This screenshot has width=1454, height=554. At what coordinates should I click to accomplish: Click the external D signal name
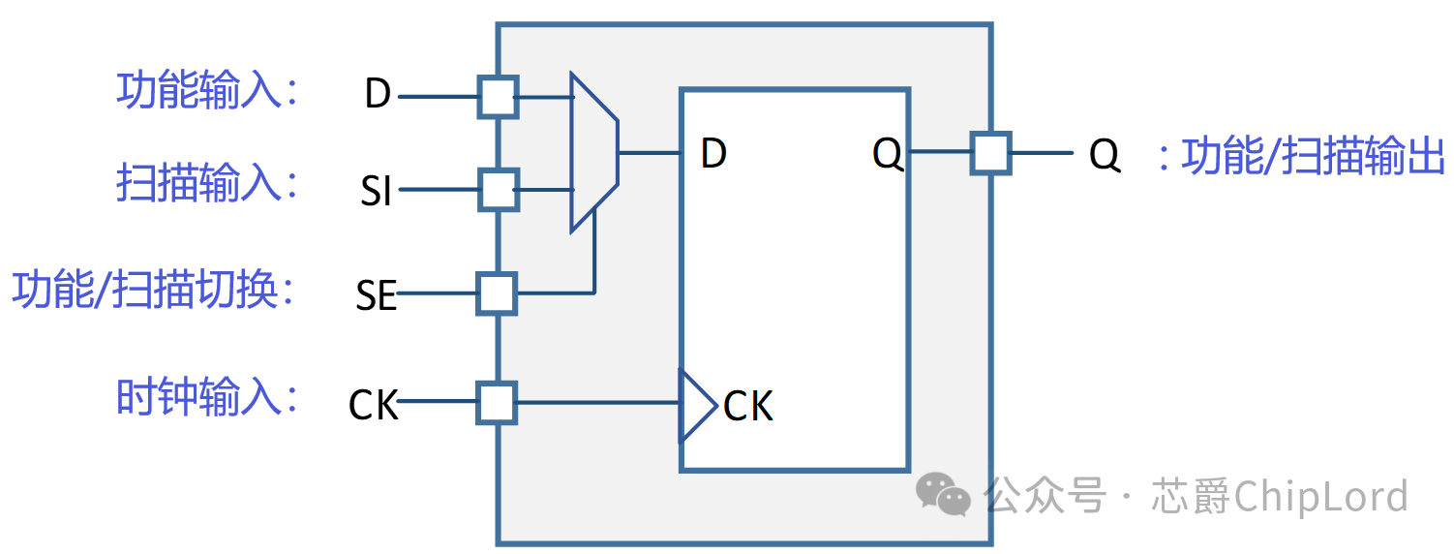point(378,95)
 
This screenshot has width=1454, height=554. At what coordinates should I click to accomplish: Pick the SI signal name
point(377,192)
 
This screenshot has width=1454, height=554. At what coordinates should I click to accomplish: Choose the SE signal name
point(377,295)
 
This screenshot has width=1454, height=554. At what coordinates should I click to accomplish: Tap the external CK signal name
point(374,405)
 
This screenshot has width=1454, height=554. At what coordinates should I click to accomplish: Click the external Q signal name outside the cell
point(1105,155)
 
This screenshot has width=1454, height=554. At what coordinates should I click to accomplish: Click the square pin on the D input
point(499,97)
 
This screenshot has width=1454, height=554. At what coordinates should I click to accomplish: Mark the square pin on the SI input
point(499,190)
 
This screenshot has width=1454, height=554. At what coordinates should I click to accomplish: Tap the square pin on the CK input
point(497,402)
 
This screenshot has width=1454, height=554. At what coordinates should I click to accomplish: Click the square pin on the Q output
point(991,153)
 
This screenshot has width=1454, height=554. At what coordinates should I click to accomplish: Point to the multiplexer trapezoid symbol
point(593,152)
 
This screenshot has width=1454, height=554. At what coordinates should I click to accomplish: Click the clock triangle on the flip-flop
point(696,404)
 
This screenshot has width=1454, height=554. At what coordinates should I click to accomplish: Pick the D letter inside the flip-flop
point(713,154)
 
